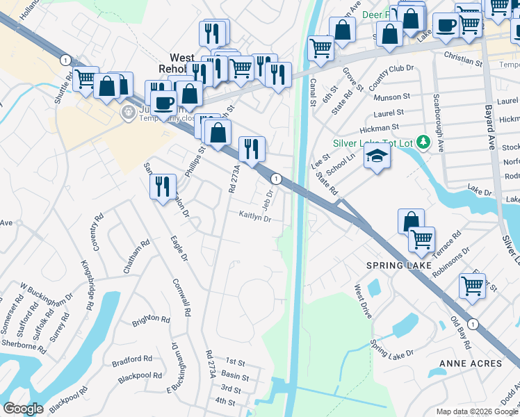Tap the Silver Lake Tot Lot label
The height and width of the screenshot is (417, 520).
coord(372,143)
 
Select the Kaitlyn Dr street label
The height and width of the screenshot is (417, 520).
coord(254,217)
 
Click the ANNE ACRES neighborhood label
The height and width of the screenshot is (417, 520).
coord(470,363)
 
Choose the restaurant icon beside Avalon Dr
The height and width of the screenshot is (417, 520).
coord(163,187)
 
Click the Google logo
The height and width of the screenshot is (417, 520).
coord(23,409)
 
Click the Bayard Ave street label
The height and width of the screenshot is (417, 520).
coord(490,126)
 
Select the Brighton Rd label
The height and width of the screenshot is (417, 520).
coord(151,320)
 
